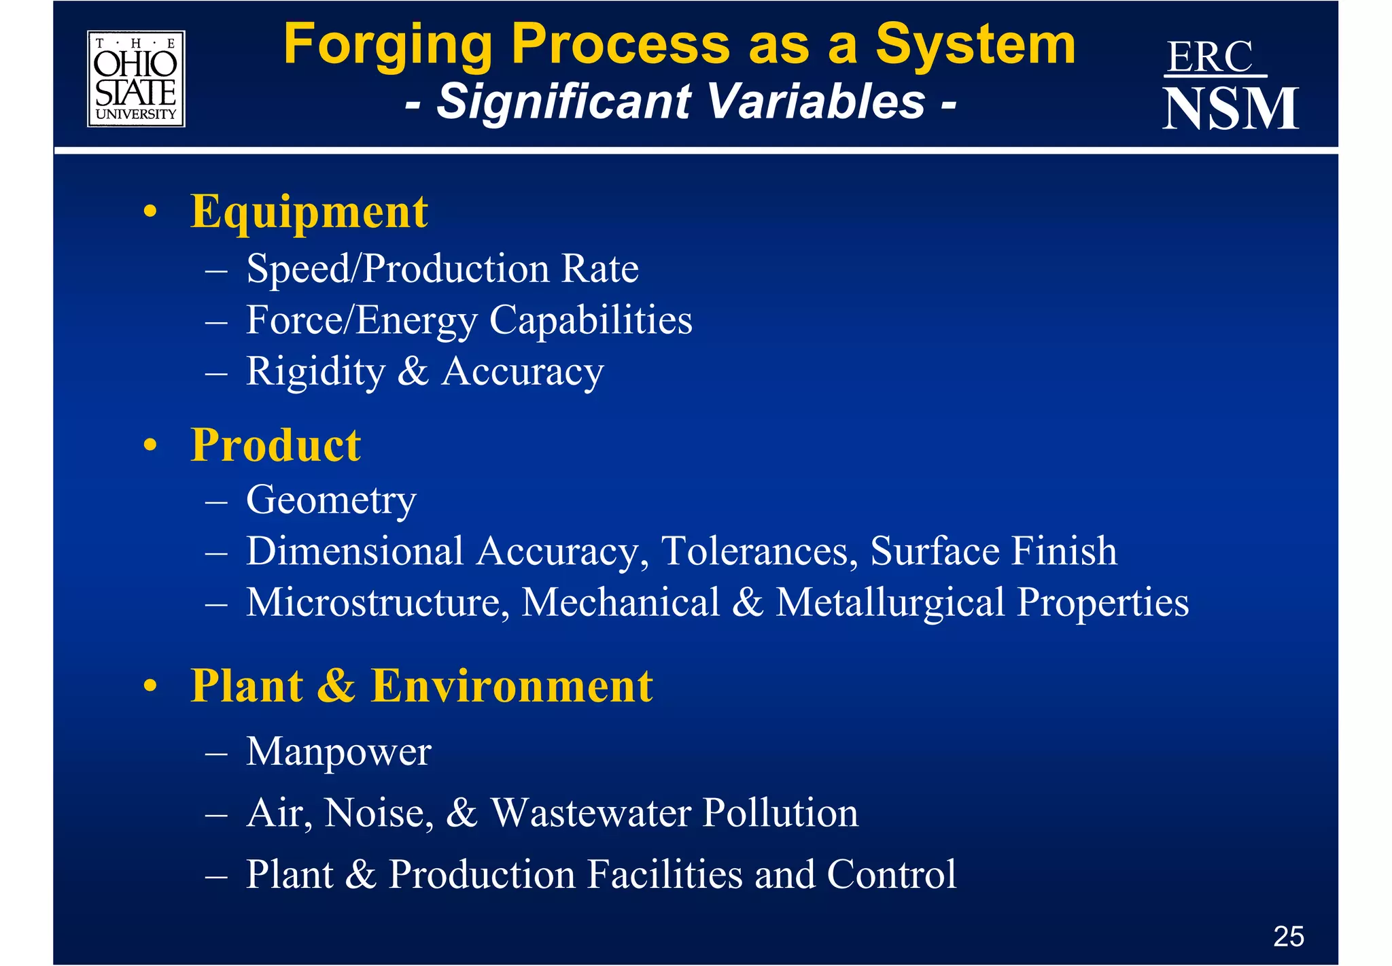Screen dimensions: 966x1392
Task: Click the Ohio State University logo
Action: pyautogui.click(x=136, y=79)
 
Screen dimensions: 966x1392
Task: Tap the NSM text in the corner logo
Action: pyautogui.click(x=1230, y=109)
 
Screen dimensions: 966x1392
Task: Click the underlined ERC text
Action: pyautogui.click(x=1210, y=57)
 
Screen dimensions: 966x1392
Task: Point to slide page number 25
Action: pyautogui.click(x=1288, y=937)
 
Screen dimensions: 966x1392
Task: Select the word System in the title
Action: pyautogui.click(x=975, y=45)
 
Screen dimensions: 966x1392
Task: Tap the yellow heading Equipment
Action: pyautogui.click(x=309, y=212)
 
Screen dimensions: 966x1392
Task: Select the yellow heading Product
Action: pyautogui.click(x=275, y=445)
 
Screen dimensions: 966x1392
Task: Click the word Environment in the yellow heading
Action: pyautogui.click(x=512, y=685)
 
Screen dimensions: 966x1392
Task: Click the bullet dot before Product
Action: pyautogui.click(x=151, y=447)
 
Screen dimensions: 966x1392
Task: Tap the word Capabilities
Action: pyautogui.click(x=591, y=320)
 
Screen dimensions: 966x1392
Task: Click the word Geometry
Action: pyautogui.click(x=331, y=501)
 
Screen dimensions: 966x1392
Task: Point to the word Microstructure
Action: pyautogui.click(x=378, y=603)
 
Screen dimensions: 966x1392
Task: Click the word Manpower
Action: pyautogui.click(x=338, y=752)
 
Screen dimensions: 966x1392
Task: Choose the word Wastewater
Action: pyautogui.click(x=590, y=813)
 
